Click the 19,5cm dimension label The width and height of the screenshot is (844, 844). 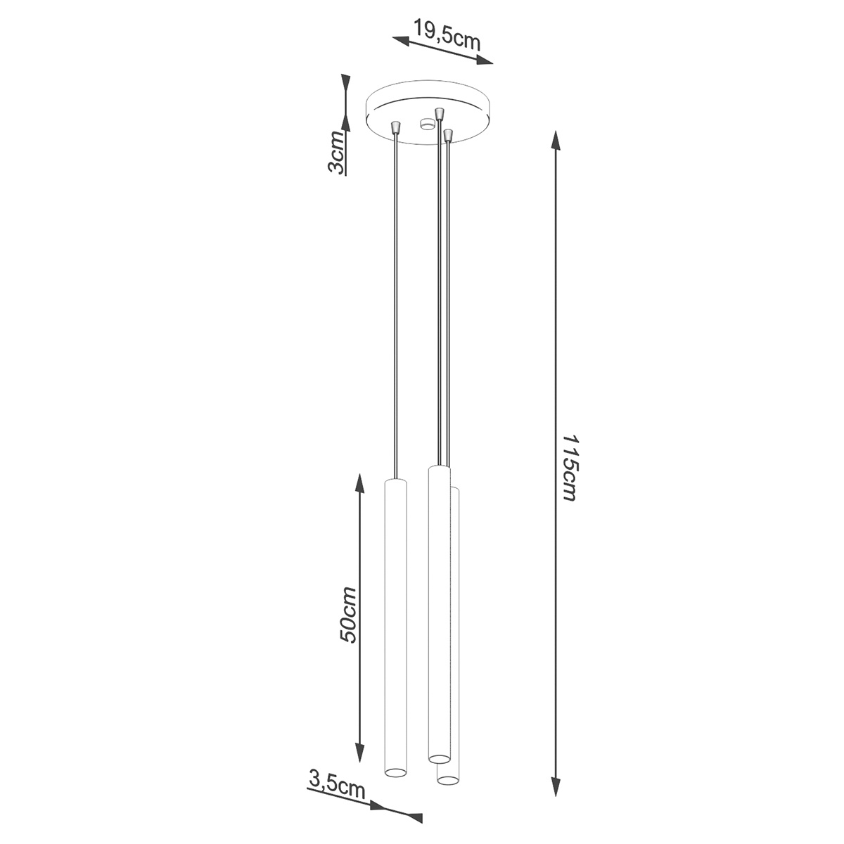pyautogui.click(x=447, y=34)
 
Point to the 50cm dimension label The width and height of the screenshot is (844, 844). pyautogui.click(x=349, y=614)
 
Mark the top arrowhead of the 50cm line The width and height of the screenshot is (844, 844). pyautogui.click(x=359, y=482)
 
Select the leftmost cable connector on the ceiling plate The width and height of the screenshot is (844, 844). pyautogui.click(x=396, y=128)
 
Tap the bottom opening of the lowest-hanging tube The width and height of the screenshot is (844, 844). pyautogui.click(x=447, y=780)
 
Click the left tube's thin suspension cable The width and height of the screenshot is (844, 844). pyautogui.click(x=395, y=302)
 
